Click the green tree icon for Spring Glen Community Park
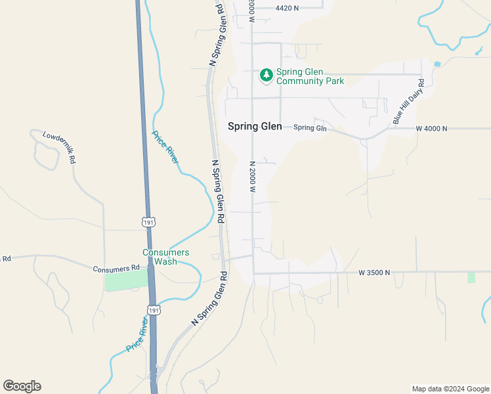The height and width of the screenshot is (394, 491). point(266,76)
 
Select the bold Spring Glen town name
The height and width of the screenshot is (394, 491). point(255,127)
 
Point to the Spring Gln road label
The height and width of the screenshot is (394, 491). point(310,127)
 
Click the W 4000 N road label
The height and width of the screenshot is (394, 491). point(431,129)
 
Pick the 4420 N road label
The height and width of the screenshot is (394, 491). point(287,8)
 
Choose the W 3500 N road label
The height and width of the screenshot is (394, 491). point(374,272)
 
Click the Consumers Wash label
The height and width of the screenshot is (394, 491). point(166,257)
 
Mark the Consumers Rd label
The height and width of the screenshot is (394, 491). point(116,268)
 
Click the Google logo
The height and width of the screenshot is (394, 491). point(22,386)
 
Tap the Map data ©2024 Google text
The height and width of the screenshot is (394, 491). point(450,389)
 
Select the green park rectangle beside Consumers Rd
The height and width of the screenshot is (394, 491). point(126,280)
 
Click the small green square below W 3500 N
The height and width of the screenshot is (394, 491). point(471,277)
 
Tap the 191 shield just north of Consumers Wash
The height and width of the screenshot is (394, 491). point(149,222)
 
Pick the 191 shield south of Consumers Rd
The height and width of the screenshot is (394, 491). point(153,309)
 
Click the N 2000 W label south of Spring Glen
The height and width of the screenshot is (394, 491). point(252,176)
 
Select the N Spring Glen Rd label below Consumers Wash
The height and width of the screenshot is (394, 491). point(209,299)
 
